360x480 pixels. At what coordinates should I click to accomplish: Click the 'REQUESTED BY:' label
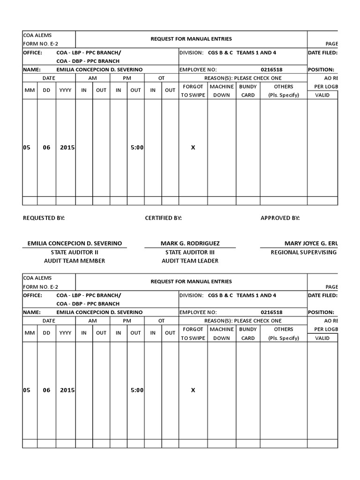click(44, 218)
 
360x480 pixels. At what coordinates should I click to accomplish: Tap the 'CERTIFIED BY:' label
click(163, 218)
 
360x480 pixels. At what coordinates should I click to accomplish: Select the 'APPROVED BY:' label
click(280, 218)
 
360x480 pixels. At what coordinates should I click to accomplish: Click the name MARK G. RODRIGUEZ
click(190, 243)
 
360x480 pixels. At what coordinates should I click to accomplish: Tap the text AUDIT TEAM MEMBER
click(75, 261)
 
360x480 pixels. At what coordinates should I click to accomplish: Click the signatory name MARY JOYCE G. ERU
click(310, 243)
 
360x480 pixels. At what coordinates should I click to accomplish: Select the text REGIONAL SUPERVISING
click(304, 252)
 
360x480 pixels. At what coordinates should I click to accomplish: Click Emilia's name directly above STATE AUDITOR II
click(75, 243)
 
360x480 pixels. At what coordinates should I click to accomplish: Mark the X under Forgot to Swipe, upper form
click(193, 147)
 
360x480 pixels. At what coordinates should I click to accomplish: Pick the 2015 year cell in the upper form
click(67, 147)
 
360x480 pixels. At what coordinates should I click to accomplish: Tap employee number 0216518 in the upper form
click(271, 69)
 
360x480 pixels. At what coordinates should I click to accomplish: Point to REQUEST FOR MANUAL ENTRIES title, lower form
click(191, 281)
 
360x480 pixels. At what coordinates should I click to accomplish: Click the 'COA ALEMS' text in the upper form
click(37, 35)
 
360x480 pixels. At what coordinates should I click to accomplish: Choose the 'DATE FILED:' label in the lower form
click(322, 295)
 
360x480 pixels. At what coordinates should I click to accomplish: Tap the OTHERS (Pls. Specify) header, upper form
click(284, 90)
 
